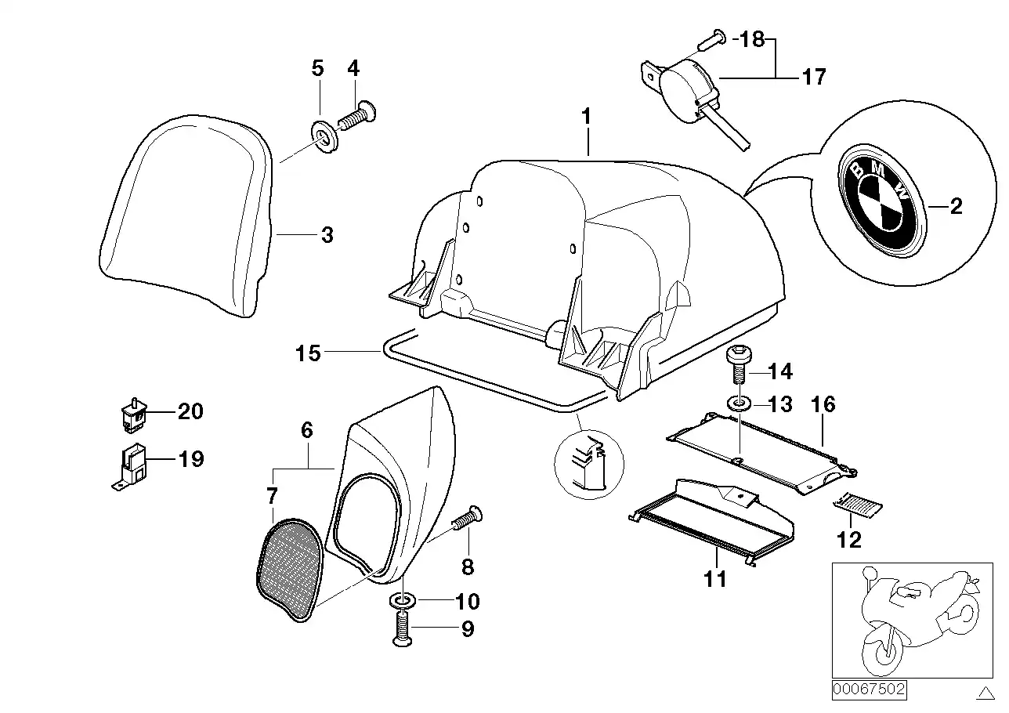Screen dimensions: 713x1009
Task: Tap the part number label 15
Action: (x=309, y=353)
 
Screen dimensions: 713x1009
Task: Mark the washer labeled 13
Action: (x=737, y=404)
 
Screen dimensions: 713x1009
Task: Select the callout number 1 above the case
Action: (x=586, y=118)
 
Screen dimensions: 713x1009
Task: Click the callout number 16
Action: (x=823, y=404)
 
